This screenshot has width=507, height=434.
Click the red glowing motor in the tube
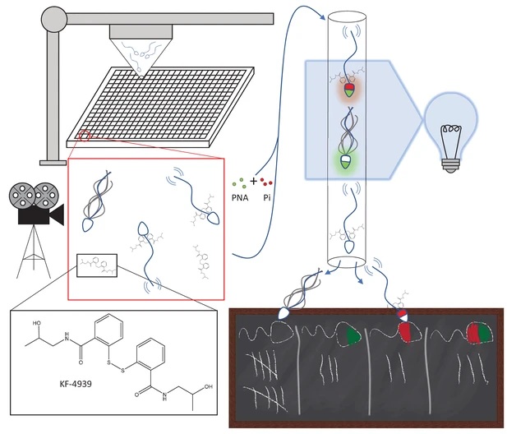349,87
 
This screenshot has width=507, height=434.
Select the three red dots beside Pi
266,182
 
